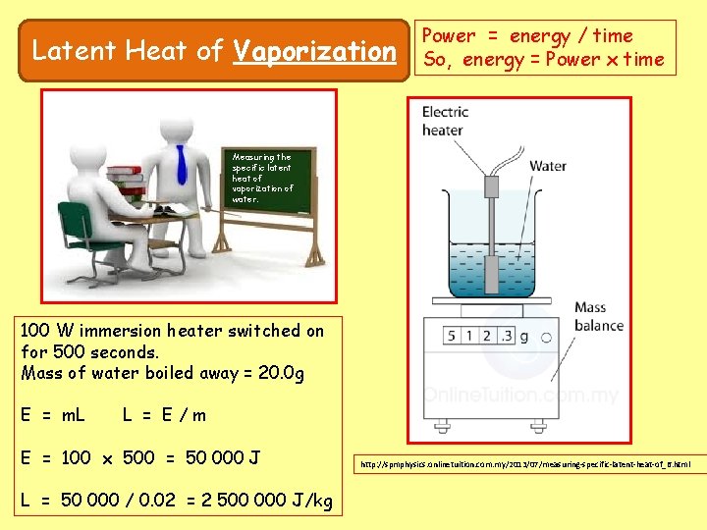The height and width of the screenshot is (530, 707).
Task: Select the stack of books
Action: pos(125,182)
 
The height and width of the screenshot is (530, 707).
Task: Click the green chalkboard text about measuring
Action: pos(262,178)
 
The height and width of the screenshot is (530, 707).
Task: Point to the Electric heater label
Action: pos(445,121)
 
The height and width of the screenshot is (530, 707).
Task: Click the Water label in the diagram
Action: pos(548,166)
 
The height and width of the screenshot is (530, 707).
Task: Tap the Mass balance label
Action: pos(599,316)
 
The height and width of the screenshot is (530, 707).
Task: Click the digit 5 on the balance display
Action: pos(452,337)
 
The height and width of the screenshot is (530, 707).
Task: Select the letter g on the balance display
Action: pos(523,337)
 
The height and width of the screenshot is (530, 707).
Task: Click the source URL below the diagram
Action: pos(525,463)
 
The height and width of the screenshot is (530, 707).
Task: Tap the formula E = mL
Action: pos(52,415)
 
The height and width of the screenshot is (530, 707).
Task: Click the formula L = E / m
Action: pos(164,415)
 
